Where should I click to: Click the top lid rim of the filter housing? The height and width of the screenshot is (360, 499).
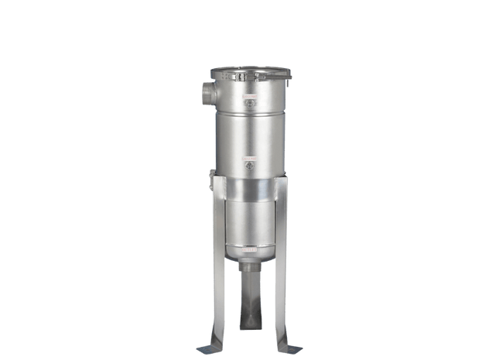pos(251,73)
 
